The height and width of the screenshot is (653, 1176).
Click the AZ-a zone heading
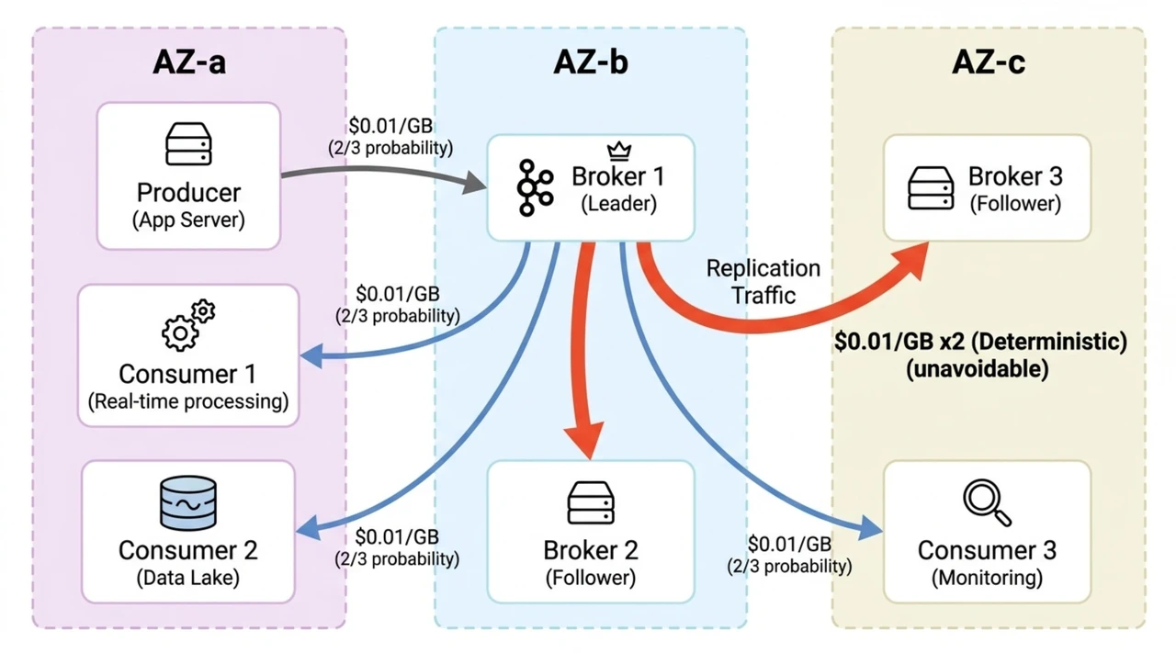[x=188, y=62]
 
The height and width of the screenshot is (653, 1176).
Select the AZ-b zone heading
[x=591, y=62]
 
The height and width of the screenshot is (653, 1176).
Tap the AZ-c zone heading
[x=989, y=62]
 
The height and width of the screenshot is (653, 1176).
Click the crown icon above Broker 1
[x=619, y=150]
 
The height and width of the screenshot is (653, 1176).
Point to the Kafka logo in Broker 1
[x=533, y=187]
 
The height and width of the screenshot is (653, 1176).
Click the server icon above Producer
[x=188, y=144]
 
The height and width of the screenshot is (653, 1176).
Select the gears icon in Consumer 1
[x=188, y=325]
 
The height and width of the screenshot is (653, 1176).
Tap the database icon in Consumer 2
[x=188, y=502]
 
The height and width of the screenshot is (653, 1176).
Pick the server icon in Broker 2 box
[x=591, y=503]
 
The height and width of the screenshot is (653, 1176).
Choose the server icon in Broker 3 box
[x=931, y=188]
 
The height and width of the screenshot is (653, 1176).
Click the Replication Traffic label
[x=763, y=281]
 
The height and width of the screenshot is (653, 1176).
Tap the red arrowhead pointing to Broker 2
[x=584, y=441]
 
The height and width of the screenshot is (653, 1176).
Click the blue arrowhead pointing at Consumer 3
[x=868, y=530]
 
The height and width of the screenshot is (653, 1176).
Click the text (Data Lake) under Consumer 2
[x=187, y=578]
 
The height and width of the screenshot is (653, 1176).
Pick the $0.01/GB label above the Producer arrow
[x=390, y=126]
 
